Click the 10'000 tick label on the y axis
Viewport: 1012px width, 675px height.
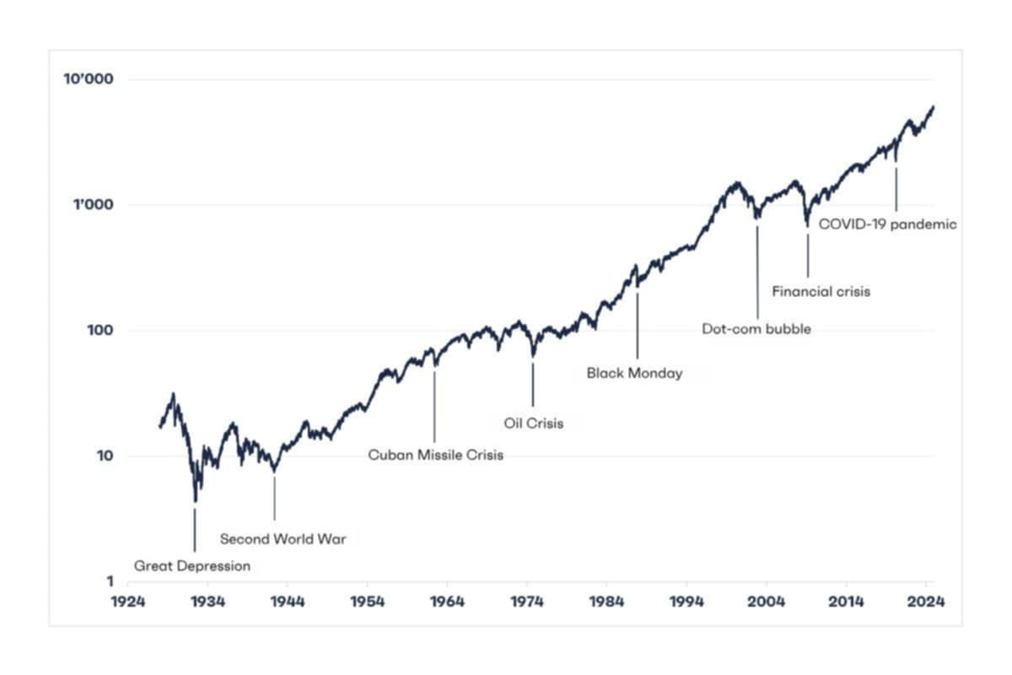pyautogui.click(x=88, y=79)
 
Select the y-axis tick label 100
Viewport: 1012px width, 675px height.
pyautogui.click(x=100, y=330)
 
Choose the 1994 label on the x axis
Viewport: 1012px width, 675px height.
pyautogui.click(x=686, y=602)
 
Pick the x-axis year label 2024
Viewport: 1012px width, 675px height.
pyautogui.click(x=925, y=602)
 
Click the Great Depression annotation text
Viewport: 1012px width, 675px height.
pyautogui.click(x=192, y=566)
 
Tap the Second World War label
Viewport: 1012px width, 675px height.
pyautogui.click(x=283, y=539)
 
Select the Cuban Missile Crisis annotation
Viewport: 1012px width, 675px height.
pyautogui.click(x=435, y=455)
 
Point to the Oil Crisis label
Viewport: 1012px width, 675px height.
pyautogui.click(x=533, y=424)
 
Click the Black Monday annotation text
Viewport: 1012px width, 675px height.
pyautogui.click(x=634, y=372)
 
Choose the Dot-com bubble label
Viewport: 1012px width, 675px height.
pyautogui.click(x=756, y=329)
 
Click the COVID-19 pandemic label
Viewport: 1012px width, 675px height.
pyautogui.click(x=887, y=224)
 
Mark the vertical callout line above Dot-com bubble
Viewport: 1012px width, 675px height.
pyautogui.click(x=757, y=270)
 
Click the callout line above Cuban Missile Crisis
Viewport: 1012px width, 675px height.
pyautogui.click(x=435, y=405)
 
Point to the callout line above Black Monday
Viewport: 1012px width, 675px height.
pyautogui.click(x=637, y=325)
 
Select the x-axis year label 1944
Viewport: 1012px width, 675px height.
pyautogui.click(x=287, y=602)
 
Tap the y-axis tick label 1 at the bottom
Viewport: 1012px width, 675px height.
pyautogui.click(x=110, y=581)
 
